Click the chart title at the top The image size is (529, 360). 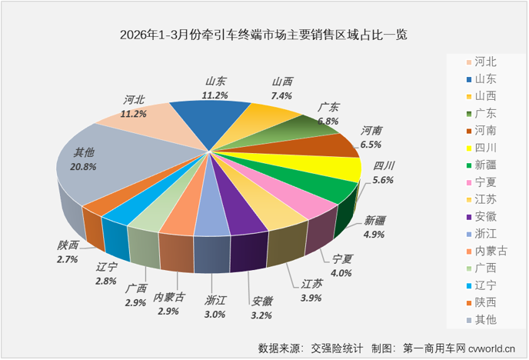point(264,35)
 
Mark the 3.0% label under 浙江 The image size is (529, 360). point(215,314)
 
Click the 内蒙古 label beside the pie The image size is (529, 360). point(168,298)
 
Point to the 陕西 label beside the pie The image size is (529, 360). point(68,245)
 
